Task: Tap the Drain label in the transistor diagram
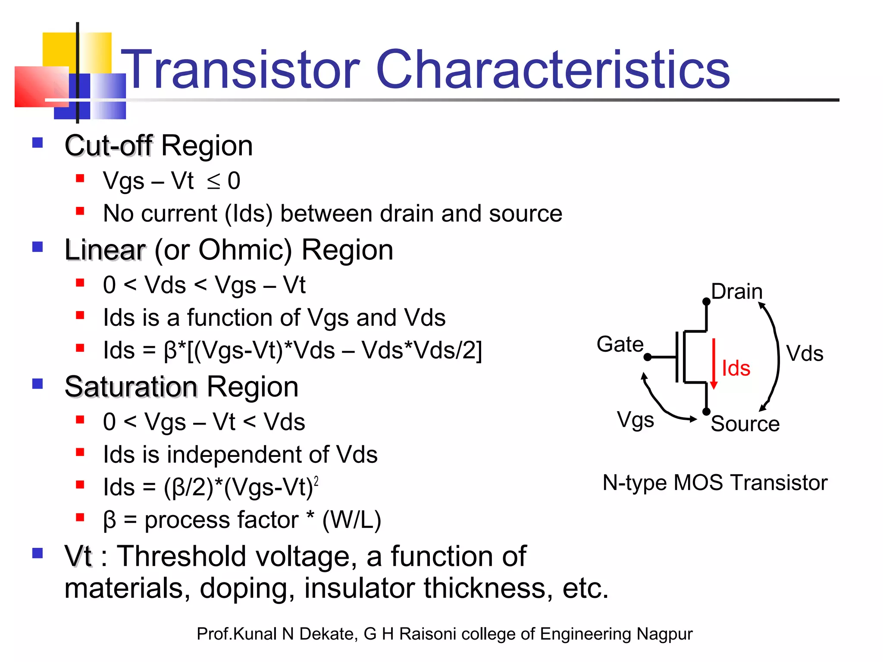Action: click(736, 292)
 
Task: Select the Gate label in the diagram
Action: click(620, 344)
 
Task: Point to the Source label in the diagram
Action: click(745, 424)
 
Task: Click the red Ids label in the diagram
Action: click(736, 368)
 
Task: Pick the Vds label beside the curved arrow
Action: click(805, 353)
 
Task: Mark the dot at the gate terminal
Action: click(647, 357)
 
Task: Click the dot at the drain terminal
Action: click(706, 301)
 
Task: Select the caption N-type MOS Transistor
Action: click(715, 482)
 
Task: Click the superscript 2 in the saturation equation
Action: click(316, 481)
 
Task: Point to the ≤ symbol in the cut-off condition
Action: click(213, 182)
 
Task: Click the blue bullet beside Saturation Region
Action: click(38, 384)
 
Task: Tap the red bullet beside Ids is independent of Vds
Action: click(80, 452)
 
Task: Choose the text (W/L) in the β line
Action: click(351, 520)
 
